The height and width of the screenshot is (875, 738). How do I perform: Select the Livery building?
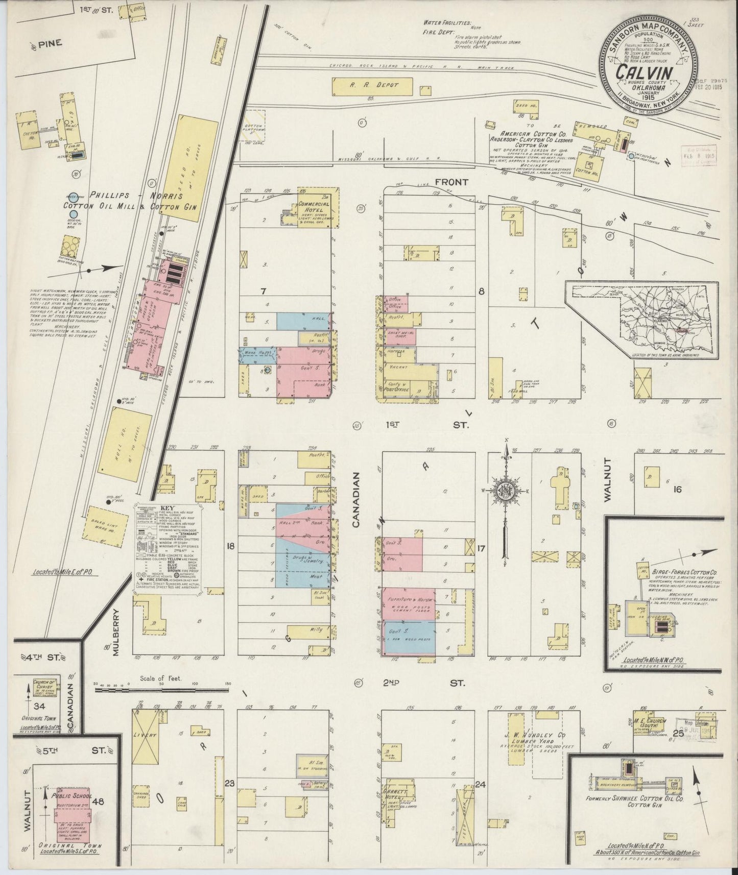[x=145, y=736]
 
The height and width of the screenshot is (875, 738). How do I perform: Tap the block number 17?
[x=481, y=549]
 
